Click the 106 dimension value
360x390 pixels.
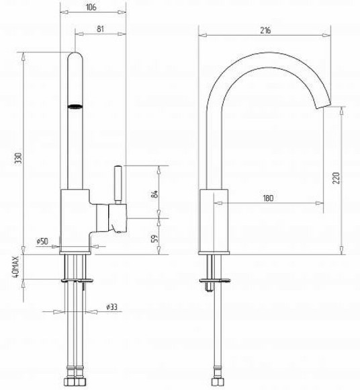[x=91, y=7]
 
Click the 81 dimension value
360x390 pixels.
[x=100, y=29]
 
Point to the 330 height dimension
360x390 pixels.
[x=19, y=159]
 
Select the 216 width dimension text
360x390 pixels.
[x=265, y=30]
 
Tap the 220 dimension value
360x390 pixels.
[x=336, y=178]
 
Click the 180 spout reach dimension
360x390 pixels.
[x=268, y=198]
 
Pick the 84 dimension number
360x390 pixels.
[x=154, y=194]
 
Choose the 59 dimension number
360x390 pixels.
[x=154, y=239]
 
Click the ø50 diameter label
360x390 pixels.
[x=42, y=241]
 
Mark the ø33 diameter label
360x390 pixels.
[x=111, y=307]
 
